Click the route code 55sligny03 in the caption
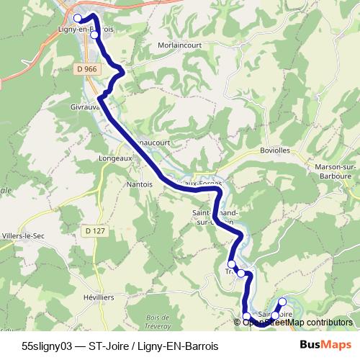47,346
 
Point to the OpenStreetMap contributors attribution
297,322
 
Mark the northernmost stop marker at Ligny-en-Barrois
78,18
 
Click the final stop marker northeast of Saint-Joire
282,302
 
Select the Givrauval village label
85,106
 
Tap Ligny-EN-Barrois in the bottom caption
176,346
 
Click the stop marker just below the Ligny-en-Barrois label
94,35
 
